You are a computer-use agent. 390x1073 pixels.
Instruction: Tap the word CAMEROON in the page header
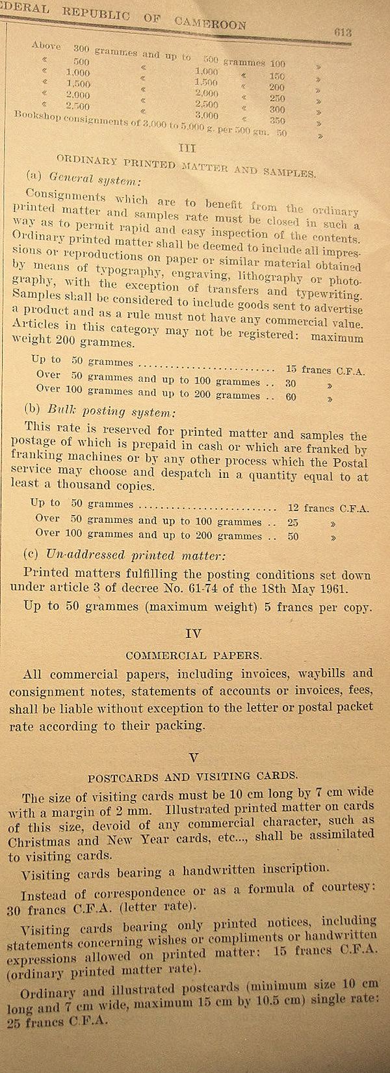pos(211,23)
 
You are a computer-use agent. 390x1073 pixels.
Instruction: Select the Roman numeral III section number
pos(187,148)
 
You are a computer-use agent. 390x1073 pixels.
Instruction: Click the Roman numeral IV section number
pos(193,632)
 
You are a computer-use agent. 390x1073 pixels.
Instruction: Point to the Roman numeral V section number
pos(192,756)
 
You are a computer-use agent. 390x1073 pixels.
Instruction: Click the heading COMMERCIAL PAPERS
pos(193,655)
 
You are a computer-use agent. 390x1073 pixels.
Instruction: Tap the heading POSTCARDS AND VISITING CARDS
pos(193,776)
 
